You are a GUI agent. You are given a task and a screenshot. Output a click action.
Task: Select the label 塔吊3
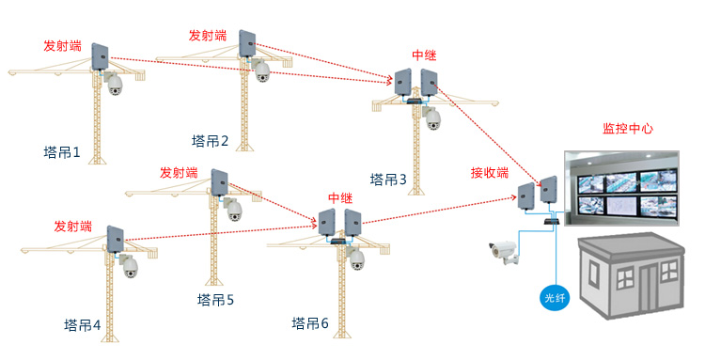[x=388, y=180]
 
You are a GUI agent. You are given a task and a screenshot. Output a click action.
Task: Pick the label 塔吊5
[x=215, y=301]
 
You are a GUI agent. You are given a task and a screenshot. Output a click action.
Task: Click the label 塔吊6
[x=310, y=324]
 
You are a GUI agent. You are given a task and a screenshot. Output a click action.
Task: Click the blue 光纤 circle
[x=554, y=299]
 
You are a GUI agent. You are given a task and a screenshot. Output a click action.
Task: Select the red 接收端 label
[x=490, y=173]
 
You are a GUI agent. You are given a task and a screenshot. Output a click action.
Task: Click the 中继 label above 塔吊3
[x=425, y=56]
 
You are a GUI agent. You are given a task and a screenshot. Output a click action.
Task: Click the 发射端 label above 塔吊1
[x=62, y=45]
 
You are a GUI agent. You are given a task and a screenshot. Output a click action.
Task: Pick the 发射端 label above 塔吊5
[x=179, y=173]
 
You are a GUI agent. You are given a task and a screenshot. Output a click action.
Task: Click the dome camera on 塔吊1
[x=116, y=85]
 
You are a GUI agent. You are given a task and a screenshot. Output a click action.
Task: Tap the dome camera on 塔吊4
[x=129, y=267]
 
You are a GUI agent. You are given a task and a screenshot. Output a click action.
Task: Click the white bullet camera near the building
[x=503, y=251]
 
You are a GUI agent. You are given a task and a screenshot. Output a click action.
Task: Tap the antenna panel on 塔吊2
[x=247, y=43]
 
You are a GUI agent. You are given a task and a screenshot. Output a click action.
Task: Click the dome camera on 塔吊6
[x=358, y=259]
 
